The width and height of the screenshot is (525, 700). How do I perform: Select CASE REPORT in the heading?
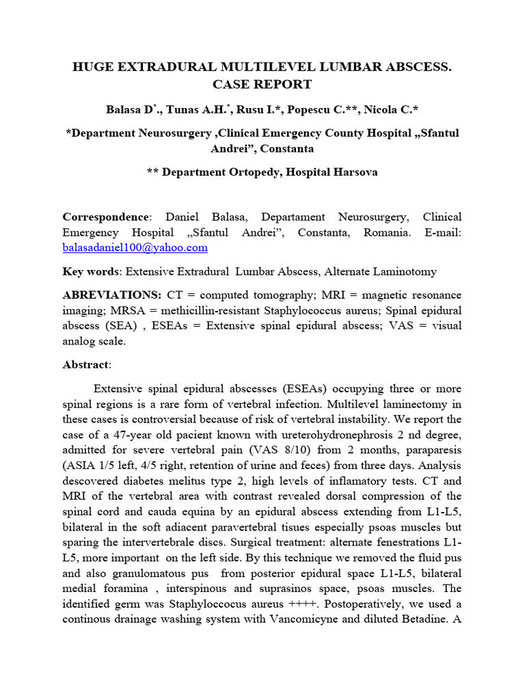pos(262,84)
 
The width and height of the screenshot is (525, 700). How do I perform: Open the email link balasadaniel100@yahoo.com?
pos(135,248)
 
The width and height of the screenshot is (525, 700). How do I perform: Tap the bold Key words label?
pos(90,271)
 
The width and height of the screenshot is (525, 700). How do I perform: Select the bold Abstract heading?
pos(85,364)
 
